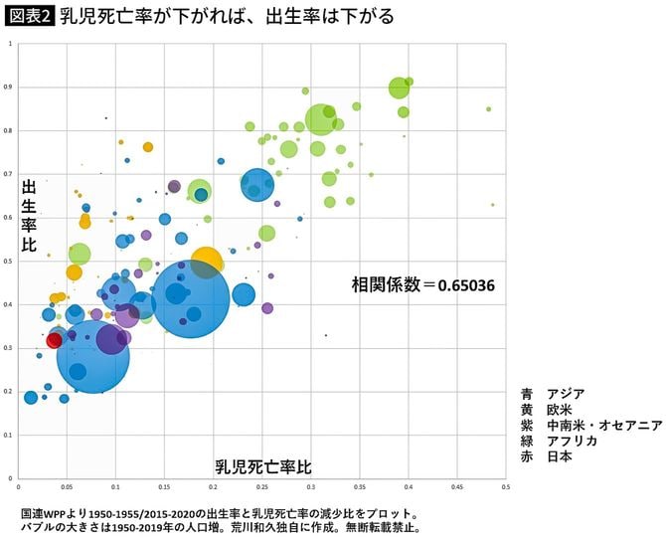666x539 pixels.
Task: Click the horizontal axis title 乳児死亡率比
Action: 263,466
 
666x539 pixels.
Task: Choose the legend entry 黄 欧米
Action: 545,409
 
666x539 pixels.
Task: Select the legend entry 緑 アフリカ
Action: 558,441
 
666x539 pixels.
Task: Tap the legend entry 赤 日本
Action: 545,456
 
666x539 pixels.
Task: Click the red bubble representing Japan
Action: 55,340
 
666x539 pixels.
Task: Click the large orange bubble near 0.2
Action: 207,262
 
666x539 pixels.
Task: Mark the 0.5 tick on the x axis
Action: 505,488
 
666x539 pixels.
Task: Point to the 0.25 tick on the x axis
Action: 261,488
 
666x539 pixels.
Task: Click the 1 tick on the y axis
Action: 10,45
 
